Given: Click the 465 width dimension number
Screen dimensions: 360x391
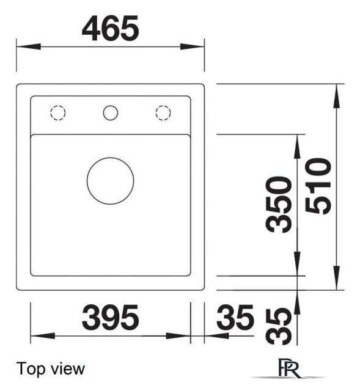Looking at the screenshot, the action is pos(110,28).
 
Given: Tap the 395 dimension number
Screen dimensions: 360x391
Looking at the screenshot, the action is pos(110,317).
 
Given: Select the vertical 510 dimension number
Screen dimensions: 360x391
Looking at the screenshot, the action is pos(318,186).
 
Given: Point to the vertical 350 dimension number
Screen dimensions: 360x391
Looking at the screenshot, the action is pos(279,205).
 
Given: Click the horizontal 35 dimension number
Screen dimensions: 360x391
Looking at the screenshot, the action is pos(235,317).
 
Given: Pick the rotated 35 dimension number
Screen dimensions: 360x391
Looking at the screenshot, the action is pos(279,326).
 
